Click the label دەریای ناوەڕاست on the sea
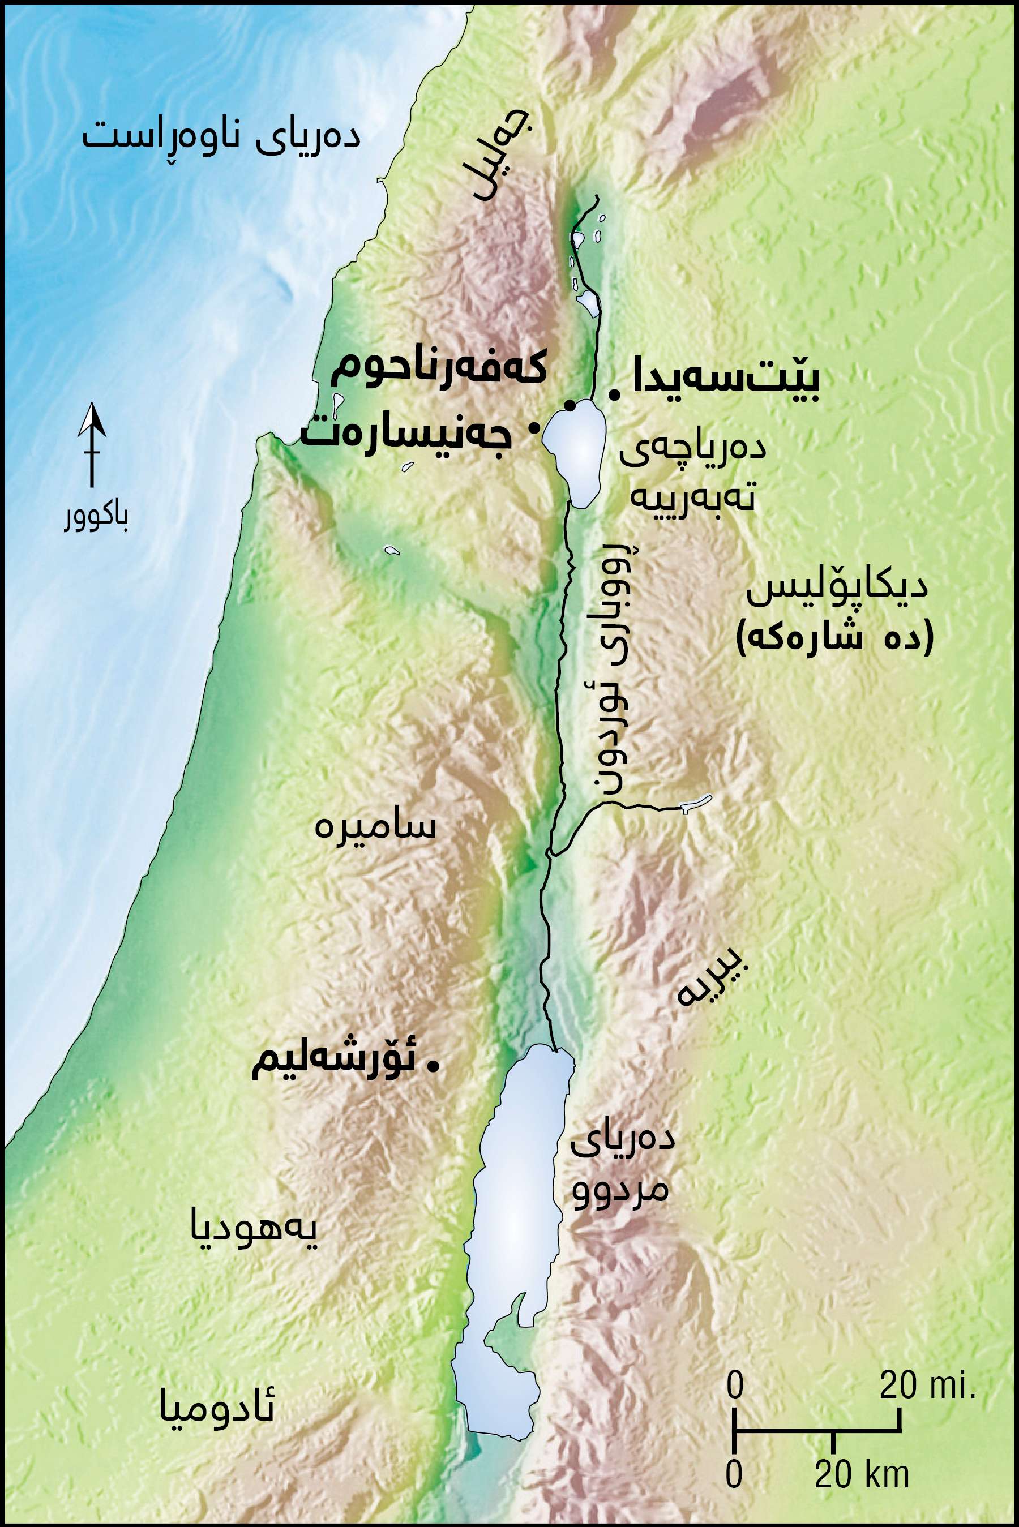(220, 137)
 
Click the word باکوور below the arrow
(96, 518)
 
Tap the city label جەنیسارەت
(406, 433)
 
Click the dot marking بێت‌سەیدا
(613, 393)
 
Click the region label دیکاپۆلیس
(836, 589)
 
